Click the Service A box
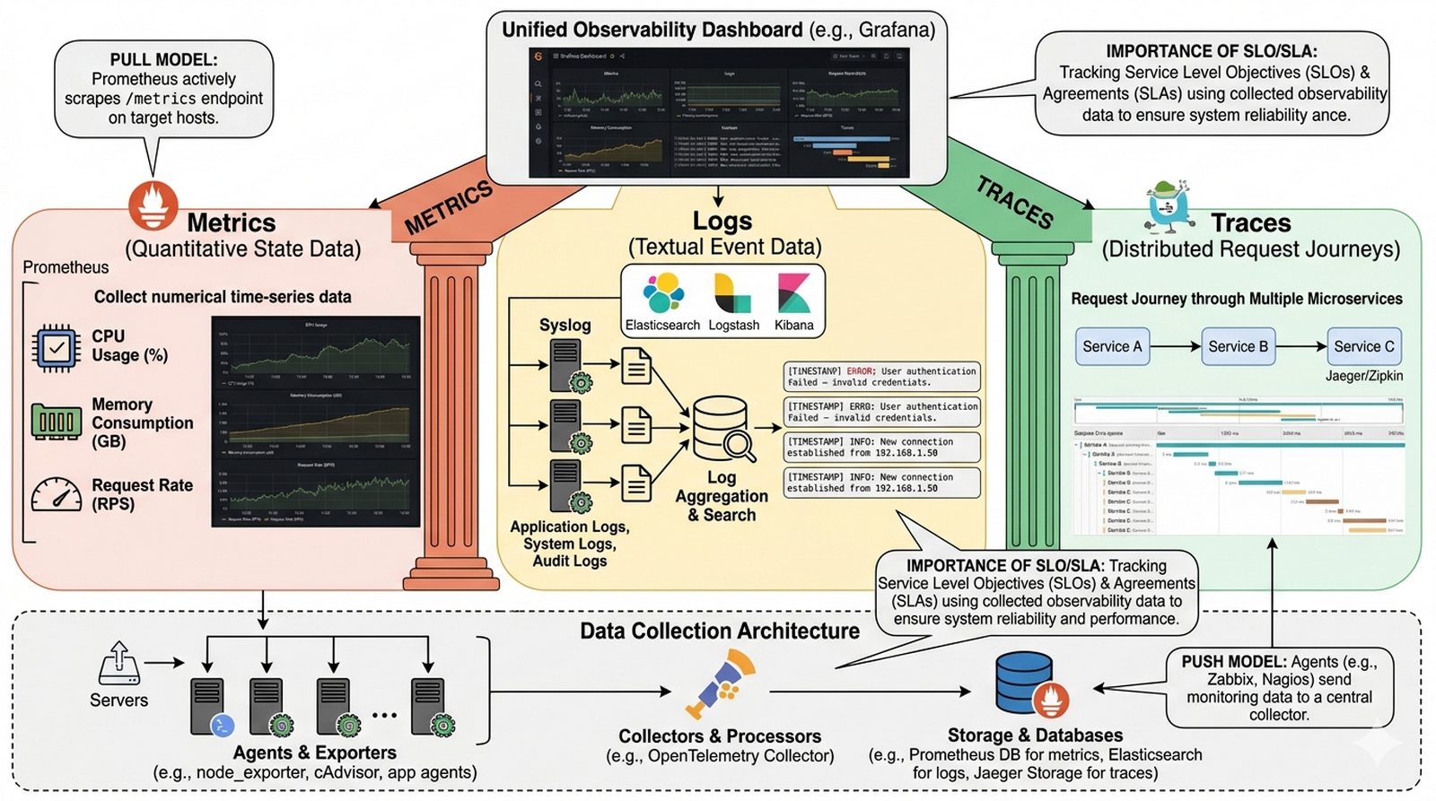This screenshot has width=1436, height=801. click(x=1112, y=346)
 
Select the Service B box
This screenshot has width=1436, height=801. click(x=1238, y=346)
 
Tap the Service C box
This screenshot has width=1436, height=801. click(x=1363, y=346)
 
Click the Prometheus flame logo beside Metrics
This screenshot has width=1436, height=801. click(x=153, y=205)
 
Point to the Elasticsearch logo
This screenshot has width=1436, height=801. click(x=662, y=294)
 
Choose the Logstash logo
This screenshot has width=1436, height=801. click(x=732, y=294)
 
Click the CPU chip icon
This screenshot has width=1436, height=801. click(x=57, y=347)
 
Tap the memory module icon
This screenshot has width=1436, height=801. click(x=57, y=421)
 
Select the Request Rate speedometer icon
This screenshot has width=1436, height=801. click(x=57, y=494)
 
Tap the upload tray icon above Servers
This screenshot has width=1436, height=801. click(x=119, y=663)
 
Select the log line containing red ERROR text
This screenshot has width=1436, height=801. click(x=881, y=377)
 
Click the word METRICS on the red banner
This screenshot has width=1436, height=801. click(x=449, y=207)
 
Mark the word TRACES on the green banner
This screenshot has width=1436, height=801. click(x=1014, y=202)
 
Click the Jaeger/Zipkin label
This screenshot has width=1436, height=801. click(x=1363, y=376)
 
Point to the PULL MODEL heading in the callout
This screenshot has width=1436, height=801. click(x=163, y=60)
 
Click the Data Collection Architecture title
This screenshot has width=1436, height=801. click(x=719, y=631)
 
